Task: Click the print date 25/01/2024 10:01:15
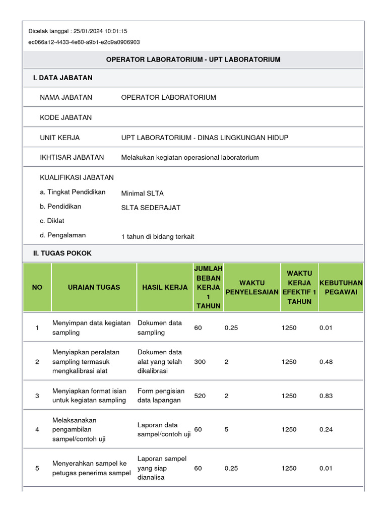pos(100,31)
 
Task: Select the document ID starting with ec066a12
pos(84,42)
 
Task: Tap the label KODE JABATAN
pos(66,117)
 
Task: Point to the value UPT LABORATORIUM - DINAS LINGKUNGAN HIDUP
pos(205,138)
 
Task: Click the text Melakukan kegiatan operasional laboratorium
pos(190,157)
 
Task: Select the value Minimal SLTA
pos(142,193)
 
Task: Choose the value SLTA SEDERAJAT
pos(151,208)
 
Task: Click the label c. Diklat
pos(52,221)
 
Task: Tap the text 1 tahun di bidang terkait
pos(158,236)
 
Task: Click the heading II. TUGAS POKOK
pos(62,253)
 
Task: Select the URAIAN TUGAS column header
pos(94,287)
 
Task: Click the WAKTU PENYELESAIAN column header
pos(252,287)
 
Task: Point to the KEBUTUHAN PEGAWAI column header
pos(341,287)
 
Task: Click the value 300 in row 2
pos(200,362)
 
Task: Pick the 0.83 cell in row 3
pos(326,396)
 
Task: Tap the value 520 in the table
pos(200,396)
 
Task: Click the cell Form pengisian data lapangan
pos(161,396)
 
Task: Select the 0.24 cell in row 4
pos(326,429)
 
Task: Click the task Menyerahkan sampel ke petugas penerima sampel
pos(92,468)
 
